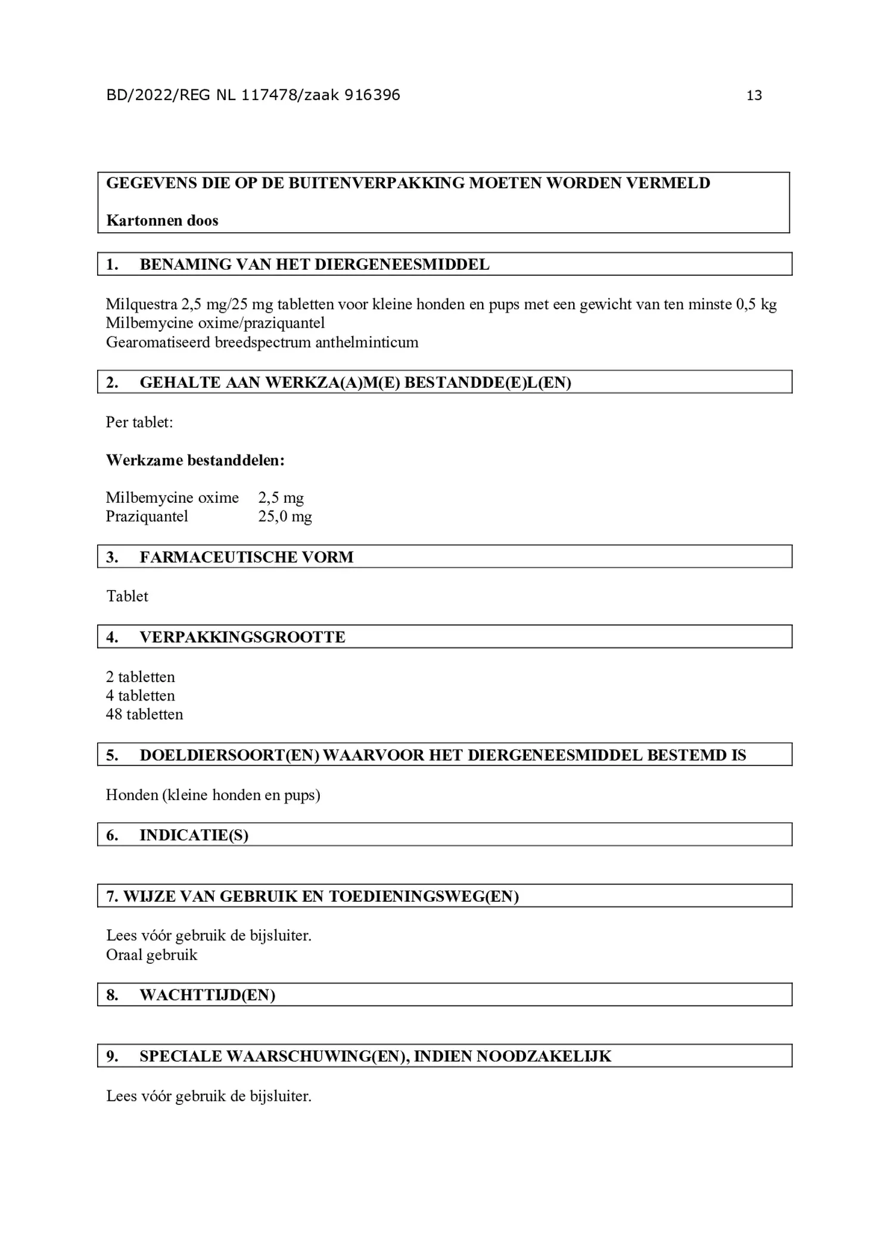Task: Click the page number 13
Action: (x=754, y=95)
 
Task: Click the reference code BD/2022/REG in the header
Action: (x=158, y=95)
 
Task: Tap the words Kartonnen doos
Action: (x=162, y=221)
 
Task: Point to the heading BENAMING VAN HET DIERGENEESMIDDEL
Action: (x=314, y=264)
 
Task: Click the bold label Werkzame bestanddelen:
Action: (x=195, y=460)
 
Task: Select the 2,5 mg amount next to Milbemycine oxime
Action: (x=281, y=497)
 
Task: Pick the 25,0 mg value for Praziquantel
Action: (x=285, y=516)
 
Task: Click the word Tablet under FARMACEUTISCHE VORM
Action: (x=127, y=596)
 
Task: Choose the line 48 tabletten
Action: (x=144, y=714)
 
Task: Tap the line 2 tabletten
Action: (x=140, y=677)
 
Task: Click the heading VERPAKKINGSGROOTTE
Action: (x=242, y=637)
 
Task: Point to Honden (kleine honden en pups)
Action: (x=213, y=795)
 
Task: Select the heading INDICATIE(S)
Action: (x=194, y=835)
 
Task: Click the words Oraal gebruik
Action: (x=151, y=955)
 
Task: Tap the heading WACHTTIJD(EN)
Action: (x=207, y=995)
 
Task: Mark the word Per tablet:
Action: (x=139, y=422)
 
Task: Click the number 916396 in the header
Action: (x=372, y=95)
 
